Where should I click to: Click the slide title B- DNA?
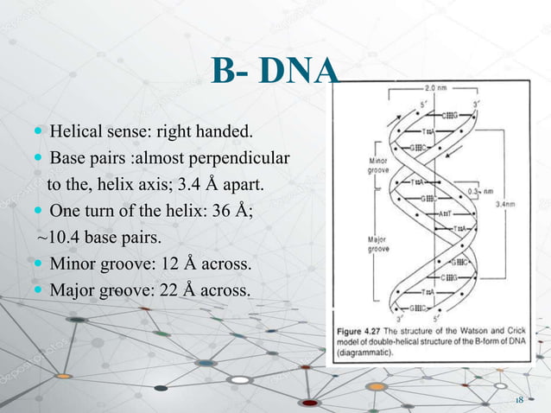click(275, 73)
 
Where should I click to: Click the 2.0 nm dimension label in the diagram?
click(434, 88)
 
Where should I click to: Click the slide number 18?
click(520, 401)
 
